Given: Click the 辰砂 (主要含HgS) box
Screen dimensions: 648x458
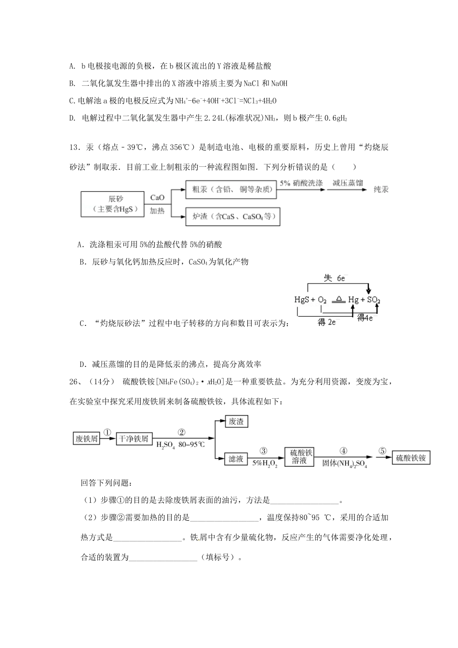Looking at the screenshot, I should (113, 204).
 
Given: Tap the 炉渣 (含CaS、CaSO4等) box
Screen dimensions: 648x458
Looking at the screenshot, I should (232, 216).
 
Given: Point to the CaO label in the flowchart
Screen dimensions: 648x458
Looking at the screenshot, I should (157, 198).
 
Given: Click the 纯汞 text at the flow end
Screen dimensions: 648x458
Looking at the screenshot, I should (381, 189).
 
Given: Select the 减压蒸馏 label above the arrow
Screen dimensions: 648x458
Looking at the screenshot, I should (348, 183).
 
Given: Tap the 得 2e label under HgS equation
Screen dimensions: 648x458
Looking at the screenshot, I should (326, 322).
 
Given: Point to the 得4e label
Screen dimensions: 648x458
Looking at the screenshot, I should (365, 318).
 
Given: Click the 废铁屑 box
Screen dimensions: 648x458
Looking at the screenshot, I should (87, 438).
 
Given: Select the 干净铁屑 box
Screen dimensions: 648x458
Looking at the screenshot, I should (134, 438).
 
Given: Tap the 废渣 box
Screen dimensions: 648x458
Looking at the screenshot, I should (236, 421).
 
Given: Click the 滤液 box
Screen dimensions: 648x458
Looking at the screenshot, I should (236, 459).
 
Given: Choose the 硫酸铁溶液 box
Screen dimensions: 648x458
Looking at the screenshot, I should (301, 457).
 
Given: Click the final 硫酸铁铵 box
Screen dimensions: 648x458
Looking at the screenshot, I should (411, 458).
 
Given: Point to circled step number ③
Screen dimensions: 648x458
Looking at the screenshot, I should (263, 451).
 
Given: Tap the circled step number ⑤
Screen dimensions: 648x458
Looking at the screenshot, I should (382, 451).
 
